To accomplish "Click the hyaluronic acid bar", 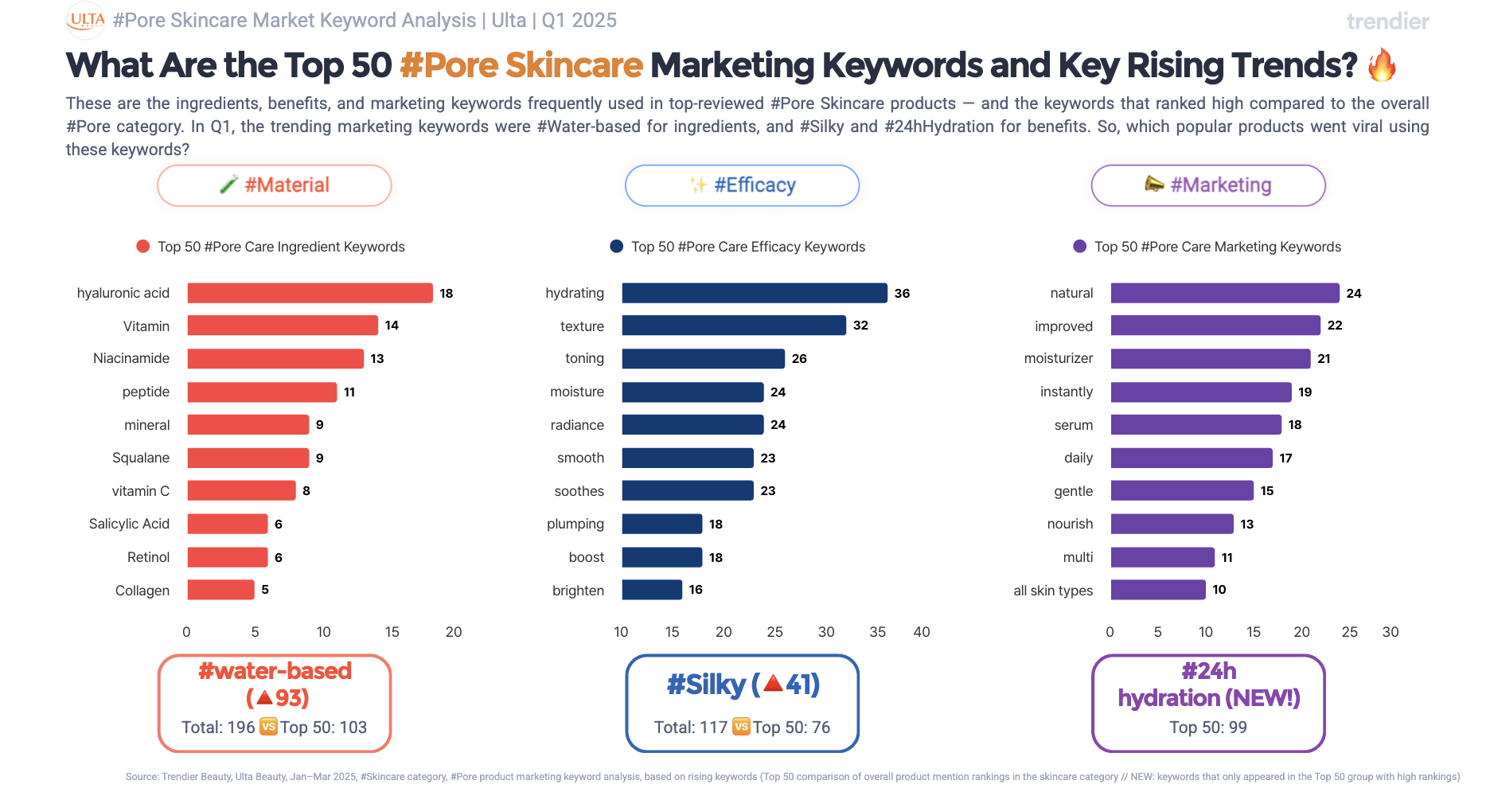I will coord(310,293).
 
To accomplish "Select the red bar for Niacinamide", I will coord(275,358).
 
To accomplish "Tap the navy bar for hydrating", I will coord(754,293).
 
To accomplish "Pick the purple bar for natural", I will coord(1224,293).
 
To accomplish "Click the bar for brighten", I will coord(652,590).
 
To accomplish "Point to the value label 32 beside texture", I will coord(860,326).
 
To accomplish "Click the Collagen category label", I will coord(142,591).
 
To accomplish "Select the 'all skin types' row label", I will coord(1053,591).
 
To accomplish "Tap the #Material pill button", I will coord(275,185).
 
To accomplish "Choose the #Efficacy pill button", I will coord(742,185).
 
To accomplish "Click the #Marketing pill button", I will coord(1207,185).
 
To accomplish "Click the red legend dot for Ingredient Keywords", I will coord(143,247).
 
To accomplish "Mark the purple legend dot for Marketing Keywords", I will coord(1079,247).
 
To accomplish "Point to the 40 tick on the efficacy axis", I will coord(921,632).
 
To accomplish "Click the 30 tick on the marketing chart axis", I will coord(1390,632).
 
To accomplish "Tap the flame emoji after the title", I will coord(1382,64).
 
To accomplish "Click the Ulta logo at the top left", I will coord(85,20).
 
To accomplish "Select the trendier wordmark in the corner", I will coord(1387,21).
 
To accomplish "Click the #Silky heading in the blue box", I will coord(706,685).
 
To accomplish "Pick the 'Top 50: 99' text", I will coord(1207,728).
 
